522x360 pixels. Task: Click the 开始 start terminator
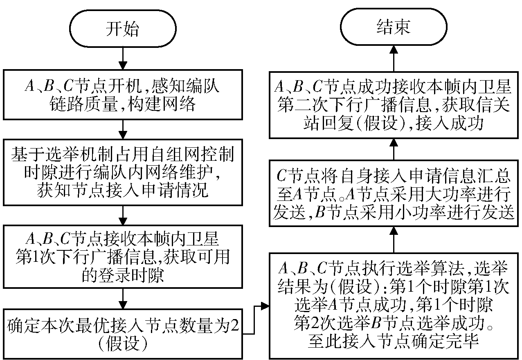point(123,29)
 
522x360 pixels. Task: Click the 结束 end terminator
point(394,27)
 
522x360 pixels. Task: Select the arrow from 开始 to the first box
point(123,58)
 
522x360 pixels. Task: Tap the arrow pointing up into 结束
point(394,59)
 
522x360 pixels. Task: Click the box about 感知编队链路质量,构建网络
point(123,94)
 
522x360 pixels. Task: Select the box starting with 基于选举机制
point(123,172)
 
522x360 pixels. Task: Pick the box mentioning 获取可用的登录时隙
point(123,256)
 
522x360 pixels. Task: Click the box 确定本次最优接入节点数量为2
point(123,334)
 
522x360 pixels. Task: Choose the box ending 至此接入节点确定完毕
point(394,306)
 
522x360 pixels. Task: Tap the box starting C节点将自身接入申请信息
point(394,193)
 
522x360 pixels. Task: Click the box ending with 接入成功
point(394,105)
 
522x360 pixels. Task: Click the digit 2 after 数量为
point(234,325)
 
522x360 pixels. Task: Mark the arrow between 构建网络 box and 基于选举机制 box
point(123,130)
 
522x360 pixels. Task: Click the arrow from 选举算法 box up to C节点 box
point(394,240)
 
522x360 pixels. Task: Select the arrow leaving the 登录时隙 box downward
point(123,299)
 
